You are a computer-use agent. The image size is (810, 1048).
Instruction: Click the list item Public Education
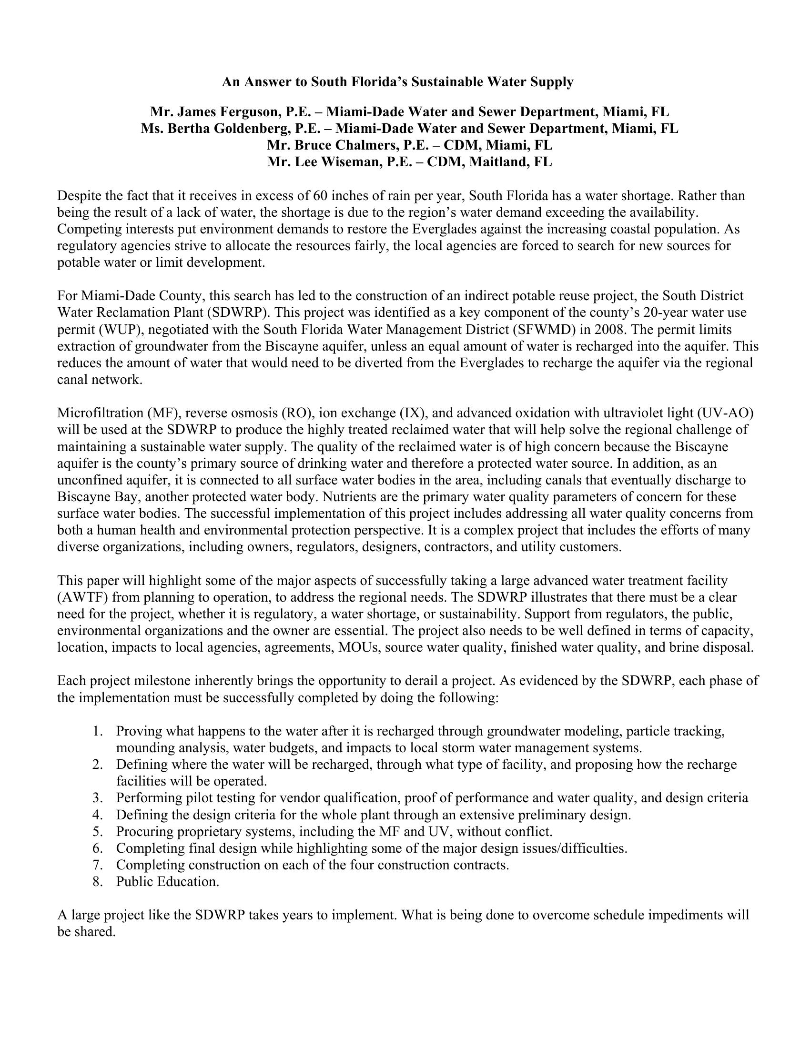(x=167, y=881)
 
